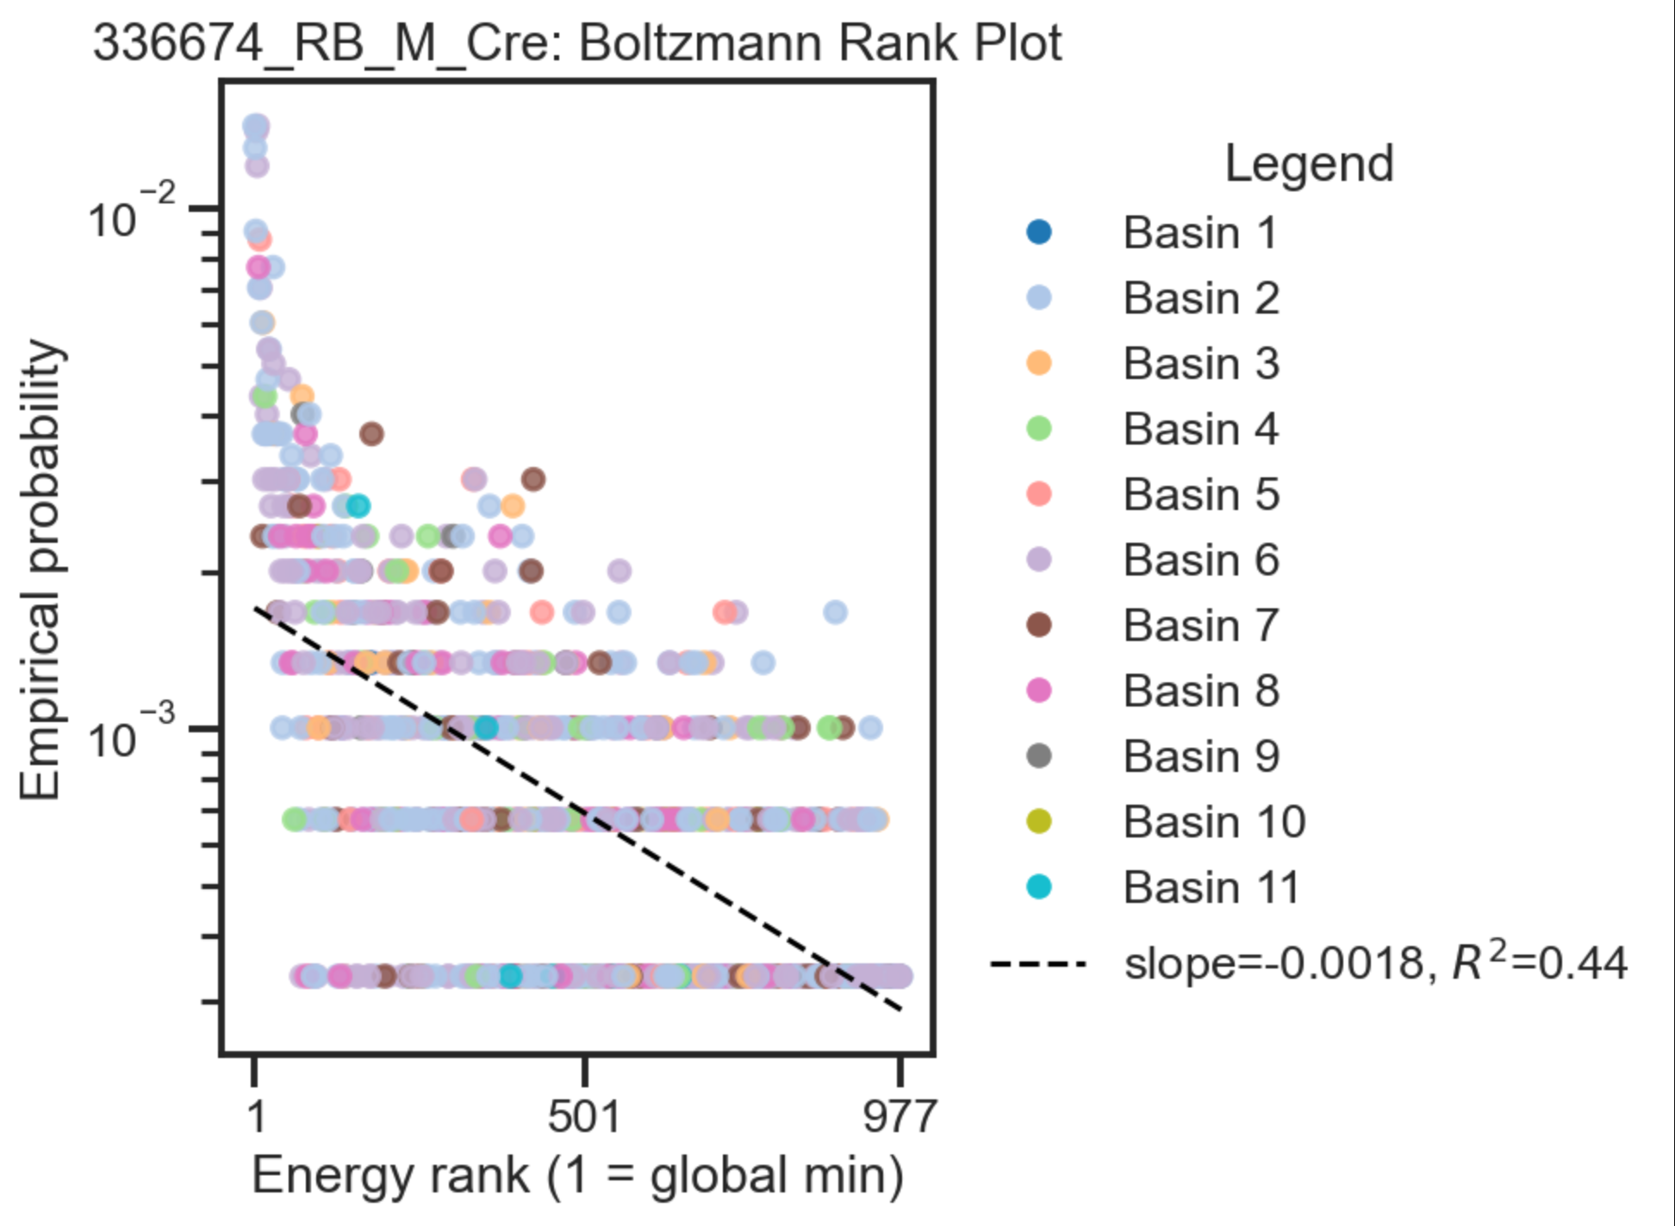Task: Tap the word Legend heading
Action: tap(1308, 163)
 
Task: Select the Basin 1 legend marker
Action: tap(1039, 232)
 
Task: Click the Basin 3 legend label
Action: tap(1200, 363)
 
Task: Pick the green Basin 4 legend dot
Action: tap(1039, 428)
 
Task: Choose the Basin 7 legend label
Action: tap(1200, 625)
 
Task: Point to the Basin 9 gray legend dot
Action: tap(1039, 756)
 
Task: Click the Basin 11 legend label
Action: tap(1211, 887)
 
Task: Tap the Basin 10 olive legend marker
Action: tap(1039, 821)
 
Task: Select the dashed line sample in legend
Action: tap(1037, 963)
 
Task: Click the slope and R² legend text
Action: tap(1375, 962)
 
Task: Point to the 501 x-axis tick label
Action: tap(583, 1117)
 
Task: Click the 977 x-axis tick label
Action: tap(900, 1117)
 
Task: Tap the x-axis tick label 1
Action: tap(255, 1117)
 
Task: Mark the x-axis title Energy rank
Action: tap(577, 1175)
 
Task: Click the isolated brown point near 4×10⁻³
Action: tap(371, 433)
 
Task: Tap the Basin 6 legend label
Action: tap(1200, 559)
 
